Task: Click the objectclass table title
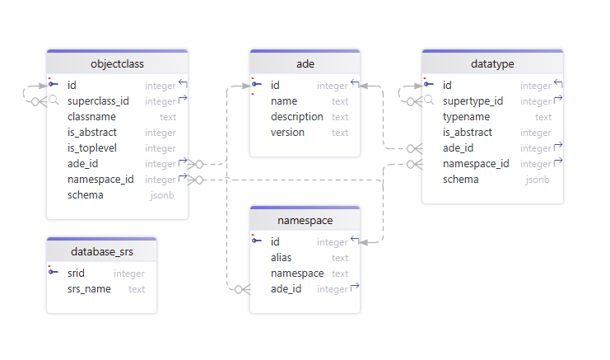point(117,63)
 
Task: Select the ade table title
point(305,63)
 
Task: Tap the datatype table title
point(492,63)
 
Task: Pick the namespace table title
point(305,221)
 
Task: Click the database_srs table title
point(101,251)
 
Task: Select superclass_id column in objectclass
point(98,101)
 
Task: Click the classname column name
point(91,117)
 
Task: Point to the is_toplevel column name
point(92,148)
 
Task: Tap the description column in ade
point(296,117)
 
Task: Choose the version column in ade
point(287,133)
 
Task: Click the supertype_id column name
point(473,101)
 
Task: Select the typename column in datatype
point(467,117)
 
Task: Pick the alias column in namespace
point(281,258)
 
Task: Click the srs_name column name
point(89,289)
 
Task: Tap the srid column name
point(77,274)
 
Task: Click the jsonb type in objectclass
point(162,195)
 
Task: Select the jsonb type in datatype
point(538,180)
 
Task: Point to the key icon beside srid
point(54,273)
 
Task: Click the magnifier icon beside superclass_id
point(54,101)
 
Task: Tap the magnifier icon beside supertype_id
point(429,101)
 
